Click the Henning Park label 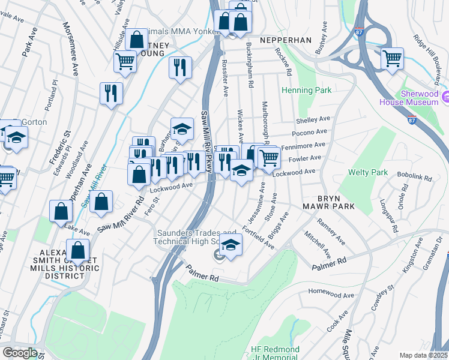pos(306,91)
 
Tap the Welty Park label pos(367,172)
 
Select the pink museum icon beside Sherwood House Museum pos(445,97)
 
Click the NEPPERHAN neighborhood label pos(285,40)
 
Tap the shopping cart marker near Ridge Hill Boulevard pos(392,59)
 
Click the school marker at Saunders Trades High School pos(231,244)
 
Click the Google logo pos(20,352)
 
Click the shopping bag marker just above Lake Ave pos(61,212)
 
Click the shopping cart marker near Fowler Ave pos(270,158)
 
